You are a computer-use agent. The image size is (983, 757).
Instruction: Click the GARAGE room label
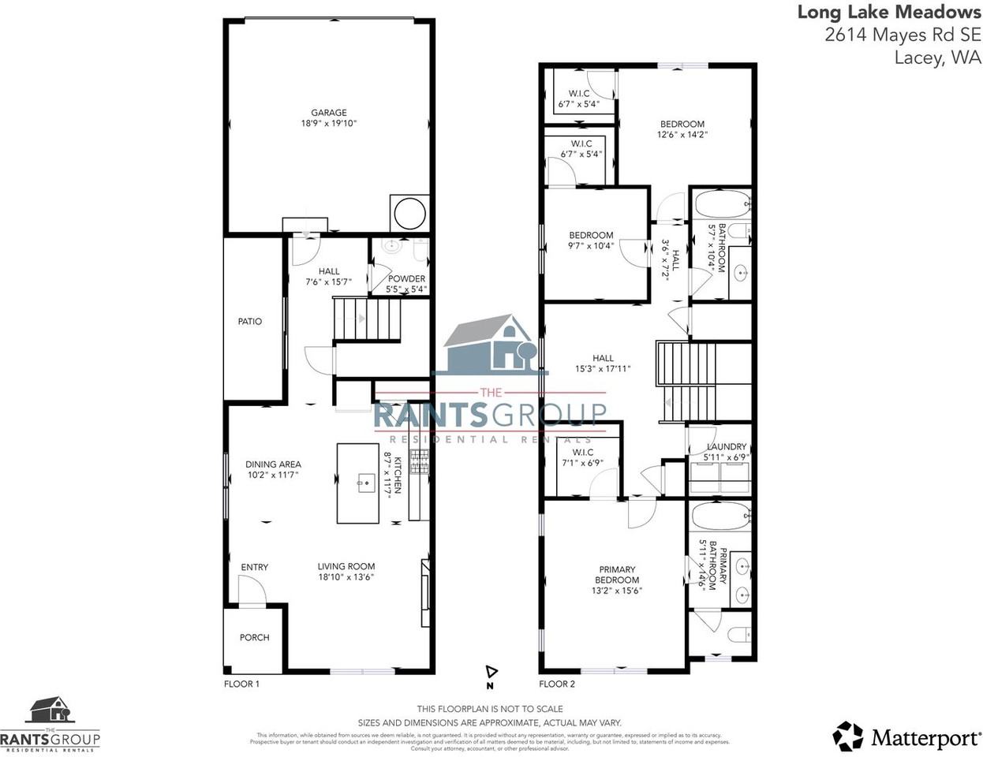pos(328,113)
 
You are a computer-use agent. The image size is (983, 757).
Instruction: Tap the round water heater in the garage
pos(409,213)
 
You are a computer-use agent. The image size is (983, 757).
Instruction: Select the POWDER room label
pos(406,278)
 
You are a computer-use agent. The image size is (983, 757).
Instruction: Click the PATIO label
pos(249,322)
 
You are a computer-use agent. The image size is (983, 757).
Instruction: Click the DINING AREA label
pos(273,464)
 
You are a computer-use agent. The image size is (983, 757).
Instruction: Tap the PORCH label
pos(254,637)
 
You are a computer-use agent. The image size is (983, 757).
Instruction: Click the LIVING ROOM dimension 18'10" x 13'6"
pos(346,576)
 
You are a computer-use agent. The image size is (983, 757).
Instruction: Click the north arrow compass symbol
pos(491,672)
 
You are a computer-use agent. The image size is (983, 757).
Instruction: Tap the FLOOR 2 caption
pos(557,684)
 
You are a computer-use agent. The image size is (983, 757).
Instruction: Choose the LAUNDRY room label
pos(726,447)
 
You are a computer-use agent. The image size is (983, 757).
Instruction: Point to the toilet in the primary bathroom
pos(738,635)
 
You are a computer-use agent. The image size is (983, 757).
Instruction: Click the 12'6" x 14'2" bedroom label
pos(682,124)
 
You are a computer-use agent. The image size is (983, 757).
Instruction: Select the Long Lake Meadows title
pos(889,12)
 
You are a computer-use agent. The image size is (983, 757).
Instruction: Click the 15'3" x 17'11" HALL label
pos(603,358)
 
